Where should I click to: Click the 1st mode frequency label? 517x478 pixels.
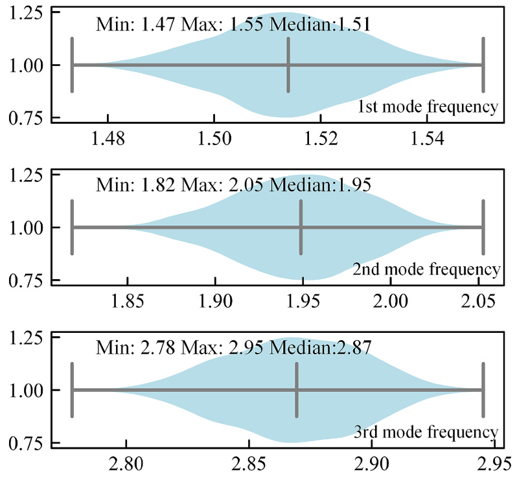click(428, 107)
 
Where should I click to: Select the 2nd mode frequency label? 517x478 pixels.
click(426, 269)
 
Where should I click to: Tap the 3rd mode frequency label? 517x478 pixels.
click(426, 431)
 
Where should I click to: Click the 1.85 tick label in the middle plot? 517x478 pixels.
click(127, 302)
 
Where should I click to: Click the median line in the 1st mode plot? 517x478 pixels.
click(288, 65)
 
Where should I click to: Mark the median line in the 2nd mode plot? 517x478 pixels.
click(301, 227)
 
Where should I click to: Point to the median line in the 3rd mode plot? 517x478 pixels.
click(297, 390)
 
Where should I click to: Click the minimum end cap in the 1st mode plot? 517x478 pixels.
click(73, 65)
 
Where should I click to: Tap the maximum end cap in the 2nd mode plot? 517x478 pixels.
click(483, 227)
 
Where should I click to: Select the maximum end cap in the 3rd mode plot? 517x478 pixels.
click(483, 390)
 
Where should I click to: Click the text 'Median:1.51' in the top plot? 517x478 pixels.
click(319, 25)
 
